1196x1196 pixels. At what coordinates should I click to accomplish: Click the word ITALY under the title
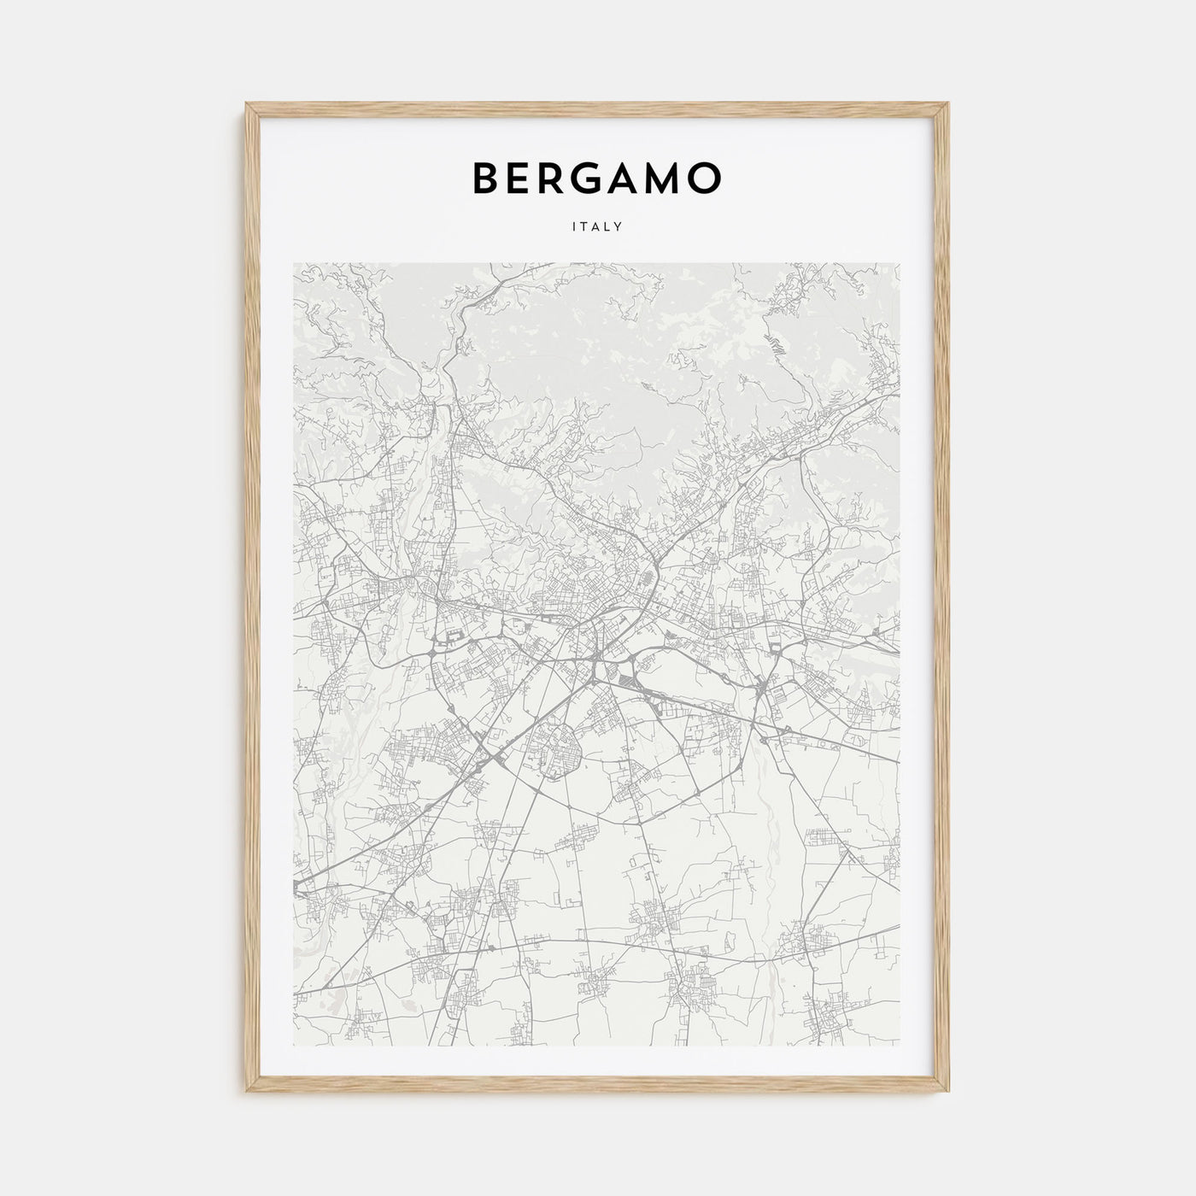click(598, 227)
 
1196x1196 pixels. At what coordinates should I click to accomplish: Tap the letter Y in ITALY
click(618, 227)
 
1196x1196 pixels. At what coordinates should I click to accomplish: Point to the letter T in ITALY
click(587, 227)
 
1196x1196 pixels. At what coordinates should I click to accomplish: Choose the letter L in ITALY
click(607, 227)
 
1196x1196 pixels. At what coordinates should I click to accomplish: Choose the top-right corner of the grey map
click(900, 263)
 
